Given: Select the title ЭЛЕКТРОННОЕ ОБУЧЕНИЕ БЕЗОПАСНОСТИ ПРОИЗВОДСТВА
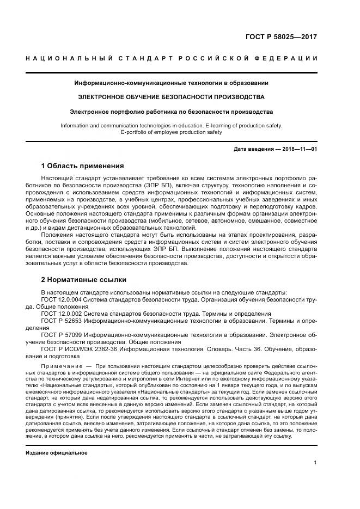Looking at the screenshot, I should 172,97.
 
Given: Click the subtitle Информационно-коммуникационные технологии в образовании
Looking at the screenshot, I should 172,83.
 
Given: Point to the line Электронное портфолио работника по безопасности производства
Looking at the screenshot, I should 172,111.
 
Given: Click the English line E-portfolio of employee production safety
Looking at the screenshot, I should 172,132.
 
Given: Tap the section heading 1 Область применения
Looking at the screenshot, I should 83,165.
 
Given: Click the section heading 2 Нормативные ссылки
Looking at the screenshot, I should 84,279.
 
